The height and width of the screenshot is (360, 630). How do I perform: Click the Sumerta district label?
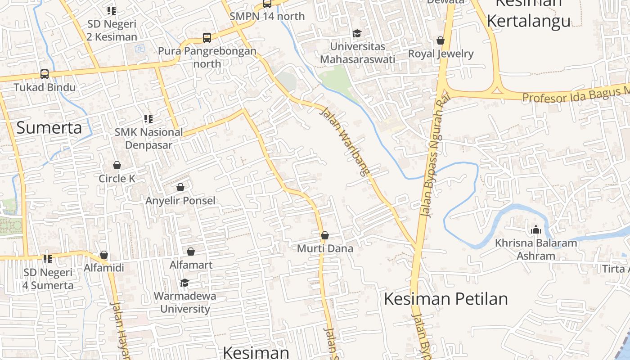pos(49,128)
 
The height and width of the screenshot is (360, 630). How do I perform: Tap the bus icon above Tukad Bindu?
pos(44,74)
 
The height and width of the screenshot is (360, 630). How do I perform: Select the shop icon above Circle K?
pos(117,165)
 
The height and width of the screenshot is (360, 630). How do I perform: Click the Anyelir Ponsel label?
pos(180,200)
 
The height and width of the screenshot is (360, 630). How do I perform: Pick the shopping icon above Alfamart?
pos(191,251)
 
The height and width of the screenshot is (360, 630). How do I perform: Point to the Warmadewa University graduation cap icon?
pos(184,283)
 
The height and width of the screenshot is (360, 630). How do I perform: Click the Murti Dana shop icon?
pos(325,235)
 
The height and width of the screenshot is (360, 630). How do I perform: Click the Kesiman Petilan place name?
pos(445,299)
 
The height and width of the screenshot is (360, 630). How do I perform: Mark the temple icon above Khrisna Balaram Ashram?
pos(535,229)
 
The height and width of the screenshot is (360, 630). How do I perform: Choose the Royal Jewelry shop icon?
pos(441,40)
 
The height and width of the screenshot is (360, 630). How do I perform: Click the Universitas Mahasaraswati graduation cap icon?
pos(357,33)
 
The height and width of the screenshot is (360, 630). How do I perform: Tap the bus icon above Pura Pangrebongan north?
pos(207,38)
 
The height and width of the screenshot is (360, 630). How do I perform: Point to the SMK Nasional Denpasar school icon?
pos(148,119)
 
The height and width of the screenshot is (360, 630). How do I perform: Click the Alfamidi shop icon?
pos(104,255)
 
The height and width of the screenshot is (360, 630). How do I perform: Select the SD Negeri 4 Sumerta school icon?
pos(48,259)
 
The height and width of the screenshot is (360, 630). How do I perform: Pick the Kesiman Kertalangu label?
pos(529,13)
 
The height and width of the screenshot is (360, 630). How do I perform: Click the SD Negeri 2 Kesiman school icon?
pos(111,10)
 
